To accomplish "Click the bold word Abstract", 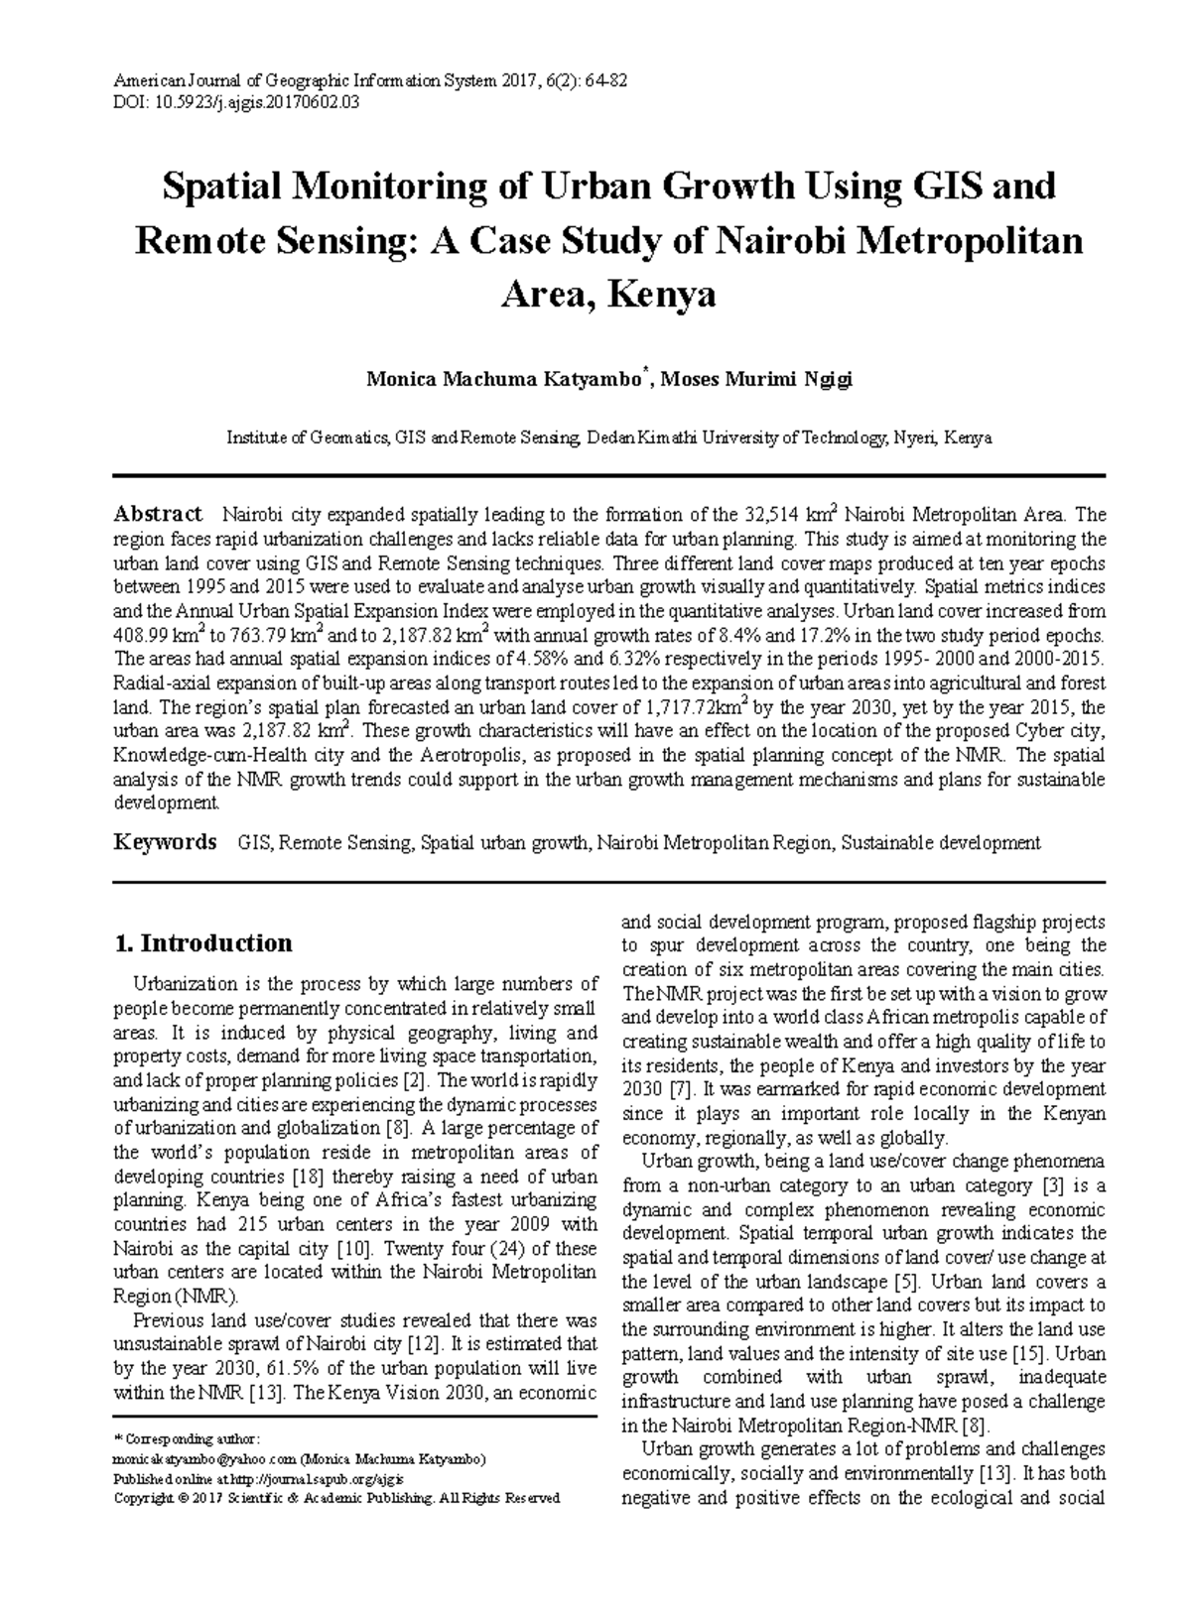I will coord(158,514).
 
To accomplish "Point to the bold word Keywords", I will coord(165,842).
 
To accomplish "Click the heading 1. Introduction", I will coord(203,942).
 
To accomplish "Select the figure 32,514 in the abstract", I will coord(772,515).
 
